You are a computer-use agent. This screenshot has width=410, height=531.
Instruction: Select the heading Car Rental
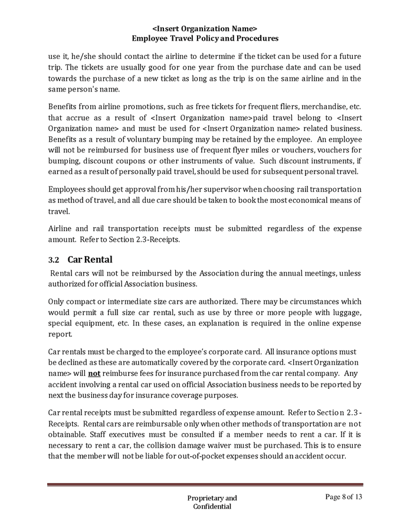coord(90,260)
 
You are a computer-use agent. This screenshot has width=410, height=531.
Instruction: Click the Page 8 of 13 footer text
coord(343,497)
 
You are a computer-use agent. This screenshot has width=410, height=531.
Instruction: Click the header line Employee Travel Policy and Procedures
coord(205,38)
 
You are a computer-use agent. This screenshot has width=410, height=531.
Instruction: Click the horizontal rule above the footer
coord(205,485)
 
